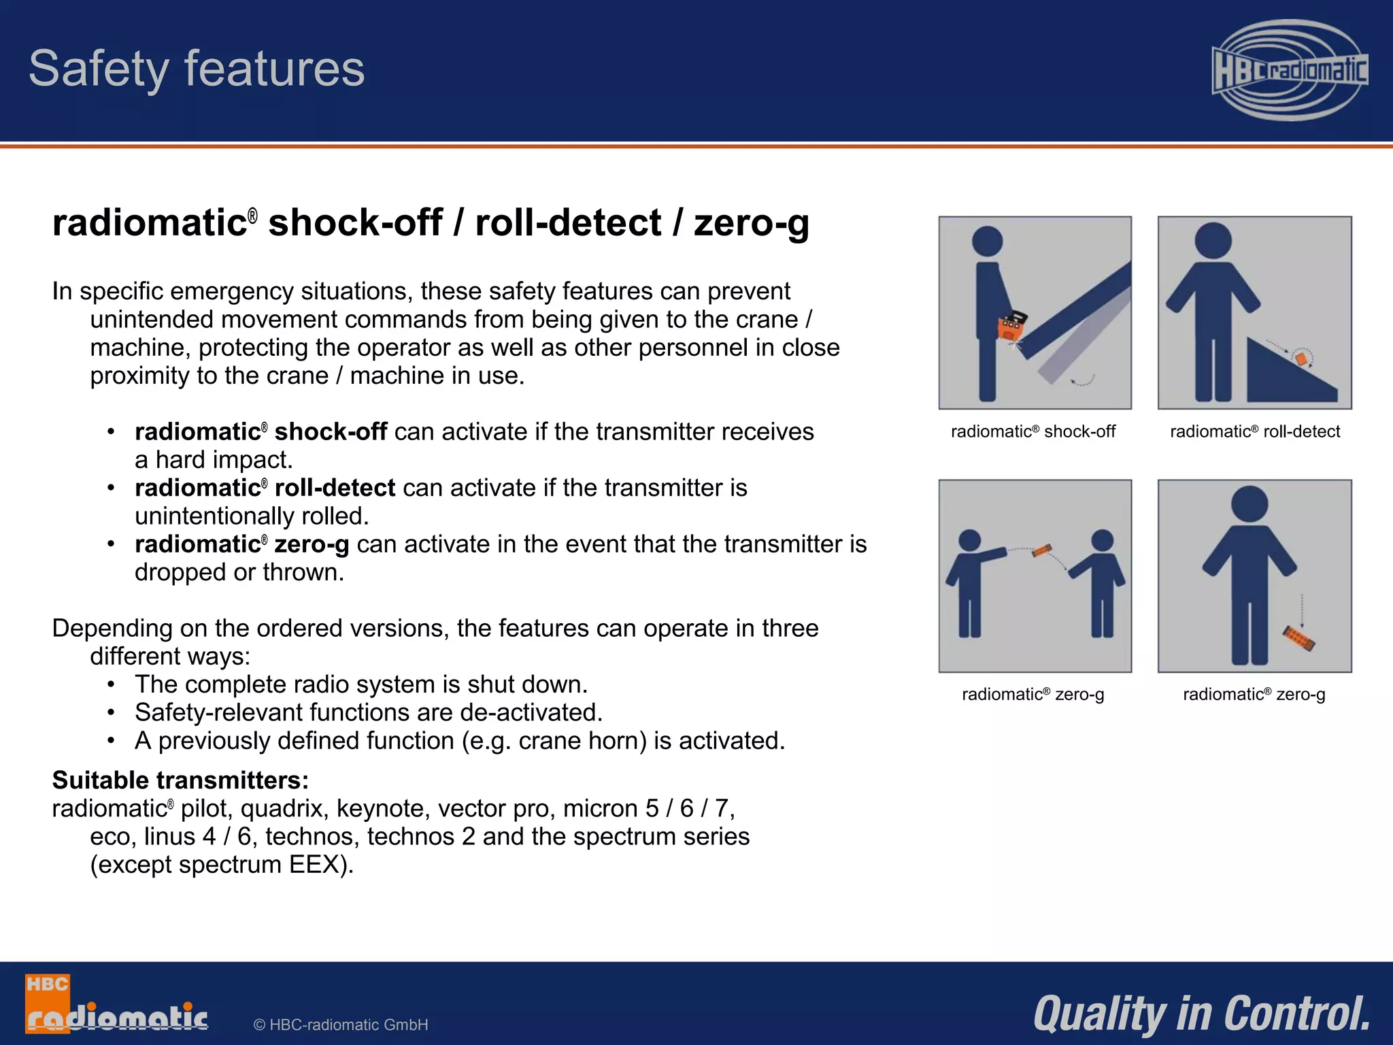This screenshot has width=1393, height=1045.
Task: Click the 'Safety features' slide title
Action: [197, 69]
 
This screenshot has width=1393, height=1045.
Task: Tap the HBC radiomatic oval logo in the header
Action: [1289, 70]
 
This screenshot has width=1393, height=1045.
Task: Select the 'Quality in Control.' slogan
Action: [1201, 1014]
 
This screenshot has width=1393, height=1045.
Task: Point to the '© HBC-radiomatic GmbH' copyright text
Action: [340, 1025]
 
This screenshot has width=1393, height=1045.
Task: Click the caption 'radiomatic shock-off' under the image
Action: [1033, 431]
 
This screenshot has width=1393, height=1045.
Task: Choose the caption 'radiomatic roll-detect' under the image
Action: [1254, 431]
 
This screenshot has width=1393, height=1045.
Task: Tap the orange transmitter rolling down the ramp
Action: [1301, 358]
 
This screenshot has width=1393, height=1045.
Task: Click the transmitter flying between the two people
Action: [1041, 550]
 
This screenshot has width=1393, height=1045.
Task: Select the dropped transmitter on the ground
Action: [1298, 638]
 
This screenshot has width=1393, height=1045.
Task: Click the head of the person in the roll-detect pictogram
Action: [1213, 240]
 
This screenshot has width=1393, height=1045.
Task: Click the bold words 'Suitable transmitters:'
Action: [180, 780]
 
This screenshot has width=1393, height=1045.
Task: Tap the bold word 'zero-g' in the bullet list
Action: [312, 544]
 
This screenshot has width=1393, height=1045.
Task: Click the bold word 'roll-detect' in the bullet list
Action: [335, 488]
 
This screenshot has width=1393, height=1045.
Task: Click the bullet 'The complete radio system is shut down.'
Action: [360, 684]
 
